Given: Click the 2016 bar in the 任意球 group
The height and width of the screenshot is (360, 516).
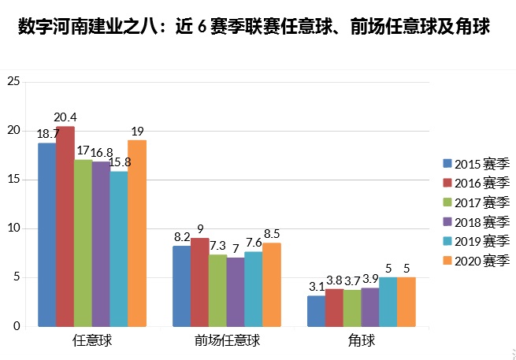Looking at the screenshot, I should tap(65, 227).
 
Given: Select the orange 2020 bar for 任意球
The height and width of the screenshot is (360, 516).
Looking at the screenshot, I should tap(136, 233).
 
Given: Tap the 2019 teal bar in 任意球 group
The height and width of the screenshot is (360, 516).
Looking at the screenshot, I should tap(118, 249).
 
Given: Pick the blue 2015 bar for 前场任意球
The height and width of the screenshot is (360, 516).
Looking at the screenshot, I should tap(181, 286).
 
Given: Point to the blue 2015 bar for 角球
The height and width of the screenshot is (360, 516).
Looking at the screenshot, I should tap(316, 311).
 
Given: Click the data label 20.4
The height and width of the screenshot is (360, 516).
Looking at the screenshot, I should tap(65, 117).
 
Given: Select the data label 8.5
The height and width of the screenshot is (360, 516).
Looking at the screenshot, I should tap(272, 234).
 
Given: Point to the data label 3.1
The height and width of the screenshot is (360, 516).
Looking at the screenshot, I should tap(316, 287).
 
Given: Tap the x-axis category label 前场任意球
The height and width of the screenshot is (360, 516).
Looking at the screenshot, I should tap(226, 342).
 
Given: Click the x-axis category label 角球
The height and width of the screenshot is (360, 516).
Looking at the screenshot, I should tap(361, 342).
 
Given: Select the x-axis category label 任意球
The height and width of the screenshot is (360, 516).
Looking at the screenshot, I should tap(92, 342).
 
